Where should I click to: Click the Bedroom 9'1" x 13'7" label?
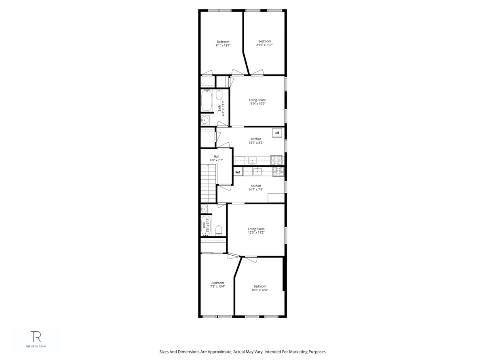[x=223, y=44]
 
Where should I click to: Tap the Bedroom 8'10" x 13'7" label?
[x=265, y=43]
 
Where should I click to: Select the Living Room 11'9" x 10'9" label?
[x=257, y=102]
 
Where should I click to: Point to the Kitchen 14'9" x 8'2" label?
[x=256, y=141]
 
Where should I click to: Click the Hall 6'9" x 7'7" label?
[x=216, y=159]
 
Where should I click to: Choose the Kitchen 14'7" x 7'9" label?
[x=256, y=188]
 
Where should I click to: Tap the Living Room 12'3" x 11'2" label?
[x=256, y=231]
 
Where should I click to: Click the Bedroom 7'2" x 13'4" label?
[x=217, y=285]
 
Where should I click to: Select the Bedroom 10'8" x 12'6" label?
[x=260, y=288]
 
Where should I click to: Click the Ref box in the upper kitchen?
[x=277, y=133]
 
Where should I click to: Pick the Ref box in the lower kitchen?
[x=238, y=172]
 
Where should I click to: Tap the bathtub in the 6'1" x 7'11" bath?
[x=207, y=100]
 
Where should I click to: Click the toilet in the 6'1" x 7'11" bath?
[x=219, y=95]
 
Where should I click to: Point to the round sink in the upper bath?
[x=205, y=120]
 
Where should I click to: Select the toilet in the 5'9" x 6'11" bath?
[x=218, y=231]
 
